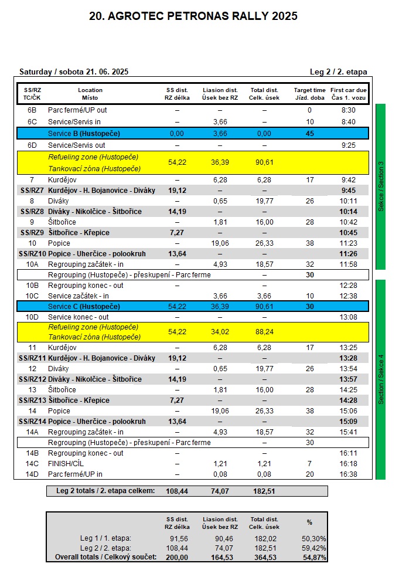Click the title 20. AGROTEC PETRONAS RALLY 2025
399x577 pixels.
coord(193,16)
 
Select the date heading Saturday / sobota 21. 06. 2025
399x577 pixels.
coord(74,72)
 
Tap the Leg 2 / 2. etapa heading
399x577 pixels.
coord(338,72)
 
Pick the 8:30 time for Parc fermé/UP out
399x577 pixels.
coord(348,110)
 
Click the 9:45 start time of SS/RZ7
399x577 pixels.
coord(348,191)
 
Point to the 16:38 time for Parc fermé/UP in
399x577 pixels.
coord(348,474)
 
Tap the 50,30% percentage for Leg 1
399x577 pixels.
coord(315,538)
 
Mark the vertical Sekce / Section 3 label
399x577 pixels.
coord(381,186)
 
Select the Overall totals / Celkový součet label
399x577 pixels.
coord(105,556)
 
